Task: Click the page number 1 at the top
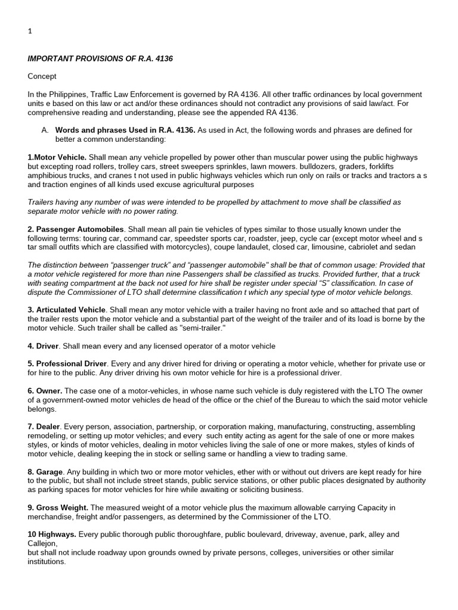pyautogui.click(x=30, y=32)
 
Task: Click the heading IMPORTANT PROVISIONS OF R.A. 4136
pyautogui.click(x=100, y=58)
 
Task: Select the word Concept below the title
pyautogui.click(x=42, y=76)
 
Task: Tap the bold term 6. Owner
pyautogui.click(x=45, y=391)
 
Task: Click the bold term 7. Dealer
pyautogui.click(x=44, y=427)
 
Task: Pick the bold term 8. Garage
pyautogui.click(x=45, y=472)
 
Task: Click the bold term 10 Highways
pyautogui.click(x=52, y=534)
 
